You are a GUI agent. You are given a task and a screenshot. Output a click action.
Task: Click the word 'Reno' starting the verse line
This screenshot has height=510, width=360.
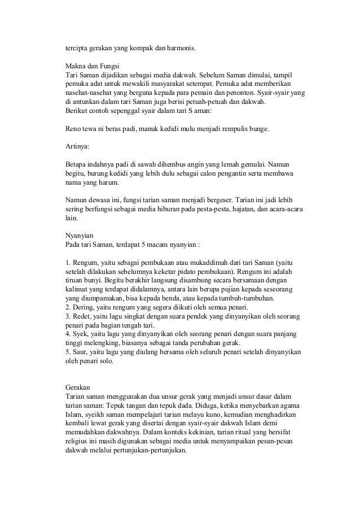coord(74,128)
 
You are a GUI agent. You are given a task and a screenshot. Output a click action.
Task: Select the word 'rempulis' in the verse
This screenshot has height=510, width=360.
coord(236,128)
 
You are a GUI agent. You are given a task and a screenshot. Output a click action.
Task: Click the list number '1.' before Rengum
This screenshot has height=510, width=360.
coord(69,263)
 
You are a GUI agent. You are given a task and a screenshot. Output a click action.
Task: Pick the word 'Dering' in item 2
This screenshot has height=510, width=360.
coord(83,308)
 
